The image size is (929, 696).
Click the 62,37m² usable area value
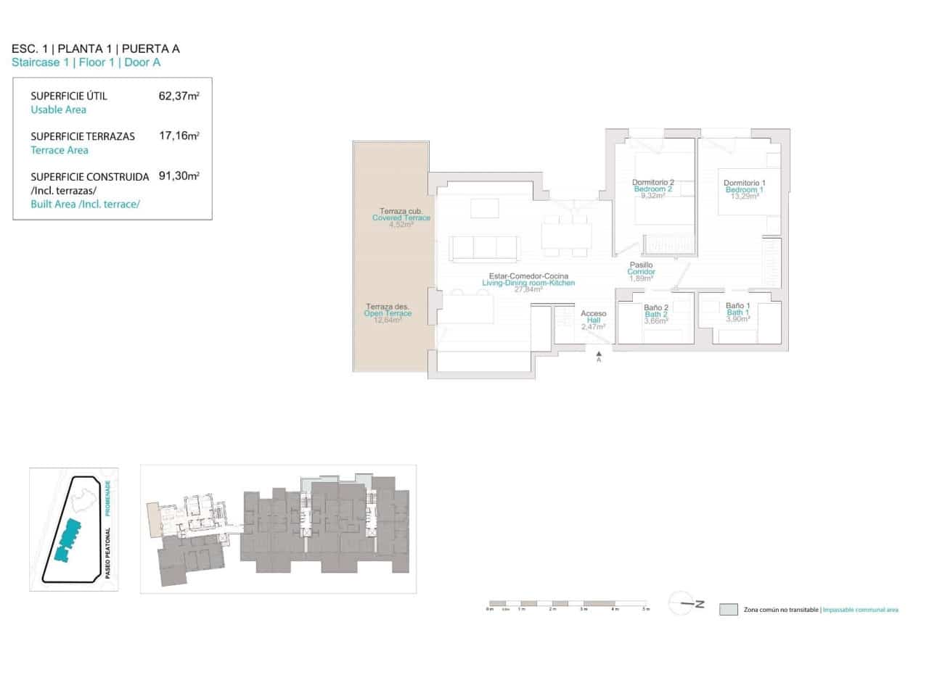[x=179, y=96]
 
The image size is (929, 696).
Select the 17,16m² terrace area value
[x=179, y=136]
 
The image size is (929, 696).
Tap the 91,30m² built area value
[x=179, y=176]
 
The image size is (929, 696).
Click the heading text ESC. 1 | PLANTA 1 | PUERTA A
[x=96, y=49]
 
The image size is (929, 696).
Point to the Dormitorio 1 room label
[x=744, y=183]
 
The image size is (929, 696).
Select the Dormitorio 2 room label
[x=652, y=183]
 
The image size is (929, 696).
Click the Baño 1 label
[x=737, y=307]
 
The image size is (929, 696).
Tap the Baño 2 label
[x=655, y=308]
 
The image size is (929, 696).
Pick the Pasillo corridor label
[x=641, y=265]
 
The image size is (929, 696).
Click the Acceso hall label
[x=593, y=314]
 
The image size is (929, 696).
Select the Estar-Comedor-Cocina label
[x=528, y=276]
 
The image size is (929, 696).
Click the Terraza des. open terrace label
[x=388, y=307]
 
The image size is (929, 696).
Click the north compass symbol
[x=685, y=603]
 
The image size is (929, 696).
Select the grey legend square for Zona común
[x=728, y=610]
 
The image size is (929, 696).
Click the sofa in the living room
[x=484, y=248]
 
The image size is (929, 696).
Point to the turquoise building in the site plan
[x=67, y=540]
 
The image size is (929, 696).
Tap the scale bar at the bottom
[x=568, y=603]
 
